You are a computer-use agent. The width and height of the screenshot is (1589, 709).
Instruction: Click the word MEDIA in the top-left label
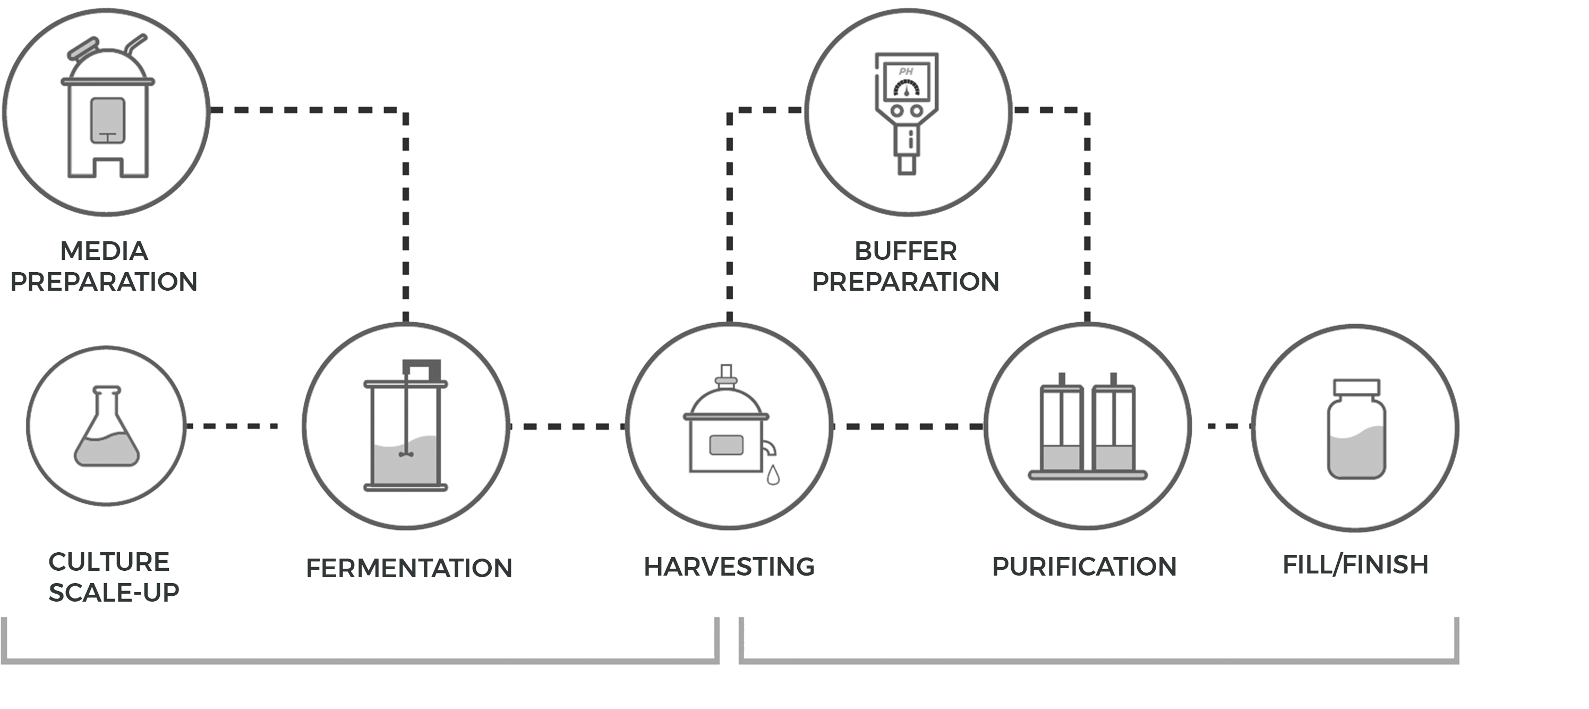104,251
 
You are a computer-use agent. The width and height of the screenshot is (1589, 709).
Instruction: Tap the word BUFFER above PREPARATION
905,251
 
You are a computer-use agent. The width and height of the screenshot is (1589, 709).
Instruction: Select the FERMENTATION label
409,568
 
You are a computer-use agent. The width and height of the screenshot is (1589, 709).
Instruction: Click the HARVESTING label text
729,567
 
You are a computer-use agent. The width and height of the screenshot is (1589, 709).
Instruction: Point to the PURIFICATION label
1084,567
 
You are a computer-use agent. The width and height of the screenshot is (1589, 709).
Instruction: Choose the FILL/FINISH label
1355,564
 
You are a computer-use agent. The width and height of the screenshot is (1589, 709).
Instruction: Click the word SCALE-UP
114,593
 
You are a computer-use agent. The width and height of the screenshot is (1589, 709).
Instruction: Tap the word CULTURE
108,562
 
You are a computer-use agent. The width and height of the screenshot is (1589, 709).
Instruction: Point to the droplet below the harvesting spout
773,475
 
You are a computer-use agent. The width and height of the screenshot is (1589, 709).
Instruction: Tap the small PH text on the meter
905,72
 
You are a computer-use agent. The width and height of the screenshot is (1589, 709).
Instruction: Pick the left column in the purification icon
1061,426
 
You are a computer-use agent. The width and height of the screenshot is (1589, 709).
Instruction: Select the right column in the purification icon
1113,426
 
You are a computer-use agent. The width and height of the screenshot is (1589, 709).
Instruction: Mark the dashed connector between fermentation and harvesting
568,426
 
